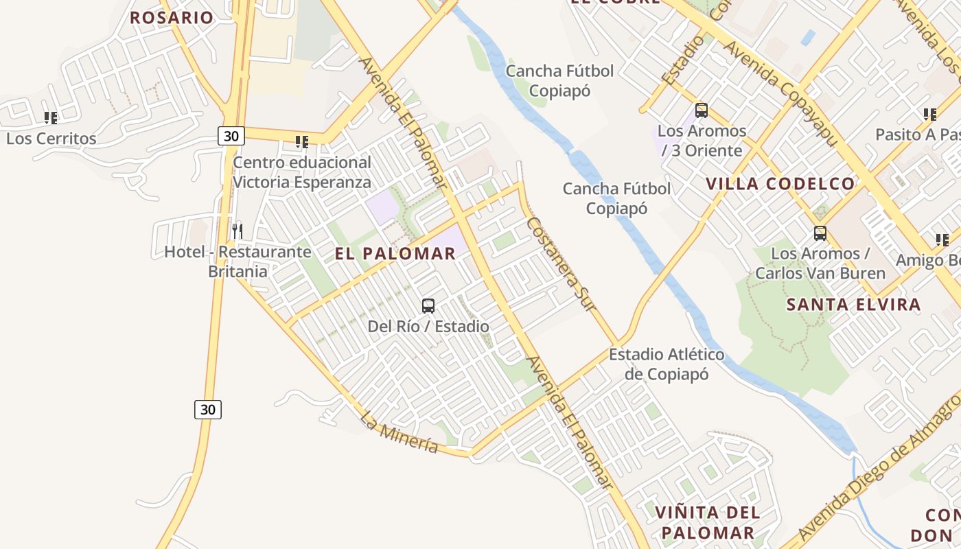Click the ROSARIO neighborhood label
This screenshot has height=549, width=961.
pyautogui.click(x=172, y=18)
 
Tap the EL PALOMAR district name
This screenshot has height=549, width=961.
pyautogui.click(x=395, y=254)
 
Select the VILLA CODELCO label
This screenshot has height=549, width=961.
pyautogui.click(x=780, y=184)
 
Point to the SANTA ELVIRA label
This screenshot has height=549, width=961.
pyautogui.click(x=853, y=305)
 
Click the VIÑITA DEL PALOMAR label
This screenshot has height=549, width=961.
pyautogui.click(x=708, y=522)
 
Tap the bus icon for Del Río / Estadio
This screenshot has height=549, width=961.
pyautogui.click(x=428, y=306)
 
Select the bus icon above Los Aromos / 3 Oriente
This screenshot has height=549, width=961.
pyautogui.click(x=702, y=110)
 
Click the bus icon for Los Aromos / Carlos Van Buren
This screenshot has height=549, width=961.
pyautogui.click(x=820, y=233)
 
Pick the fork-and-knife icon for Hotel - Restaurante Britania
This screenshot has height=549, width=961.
pyautogui.click(x=238, y=231)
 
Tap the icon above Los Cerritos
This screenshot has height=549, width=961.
pyautogui.click(x=51, y=118)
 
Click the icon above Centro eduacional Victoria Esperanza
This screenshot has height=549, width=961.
pyautogui.click(x=302, y=142)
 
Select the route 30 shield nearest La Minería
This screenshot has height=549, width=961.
pyautogui.click(x=208, y=410)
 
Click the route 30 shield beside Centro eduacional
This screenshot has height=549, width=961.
pyautogui.click(x=231, y=136)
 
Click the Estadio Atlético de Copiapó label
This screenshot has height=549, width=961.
pyautogui.click(x=667, y=364)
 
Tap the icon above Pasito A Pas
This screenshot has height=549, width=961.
pyautogui.click(x=930, y=115)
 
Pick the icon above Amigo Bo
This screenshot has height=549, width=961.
pyautogui.click(x=942, y=240)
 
